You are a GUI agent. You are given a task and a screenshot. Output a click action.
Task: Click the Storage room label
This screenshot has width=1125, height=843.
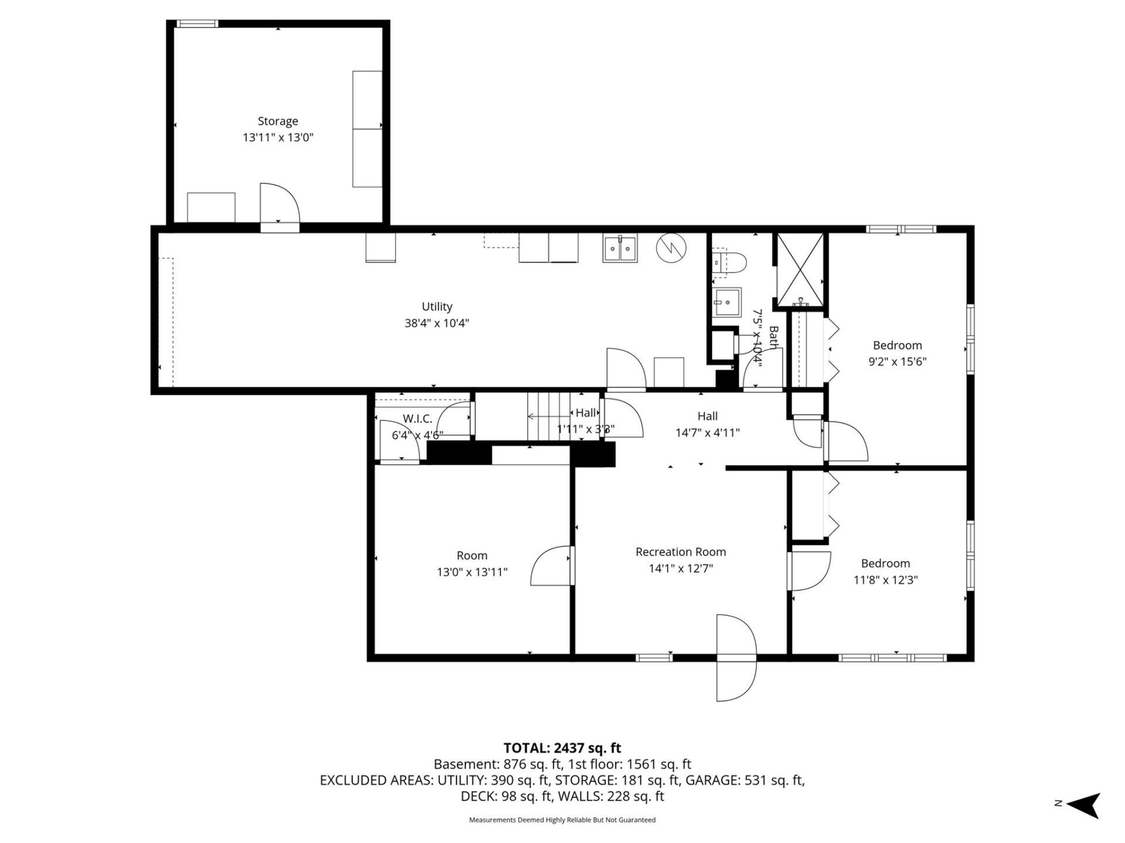coord(278,121)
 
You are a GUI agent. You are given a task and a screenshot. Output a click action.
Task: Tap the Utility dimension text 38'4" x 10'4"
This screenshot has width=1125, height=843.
coord(437,323)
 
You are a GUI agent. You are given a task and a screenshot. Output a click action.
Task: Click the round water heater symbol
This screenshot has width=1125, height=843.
coord(671,248)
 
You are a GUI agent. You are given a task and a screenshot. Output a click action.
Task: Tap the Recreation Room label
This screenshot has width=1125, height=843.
coord(680,552)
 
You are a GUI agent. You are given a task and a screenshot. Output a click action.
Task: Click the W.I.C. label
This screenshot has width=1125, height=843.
coord(417,419)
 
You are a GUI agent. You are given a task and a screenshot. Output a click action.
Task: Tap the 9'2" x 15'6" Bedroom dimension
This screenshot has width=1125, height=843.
coord(897,362)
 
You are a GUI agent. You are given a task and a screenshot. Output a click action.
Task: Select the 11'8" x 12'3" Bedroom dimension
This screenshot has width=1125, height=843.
coord(885,580)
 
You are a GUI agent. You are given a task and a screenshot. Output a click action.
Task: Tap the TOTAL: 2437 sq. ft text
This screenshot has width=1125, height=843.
coord(562,748)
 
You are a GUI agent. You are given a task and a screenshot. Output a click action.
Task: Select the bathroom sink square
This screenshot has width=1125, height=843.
coord(727,302)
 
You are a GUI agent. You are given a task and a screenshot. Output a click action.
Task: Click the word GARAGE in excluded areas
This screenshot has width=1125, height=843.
coord(711,780)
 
